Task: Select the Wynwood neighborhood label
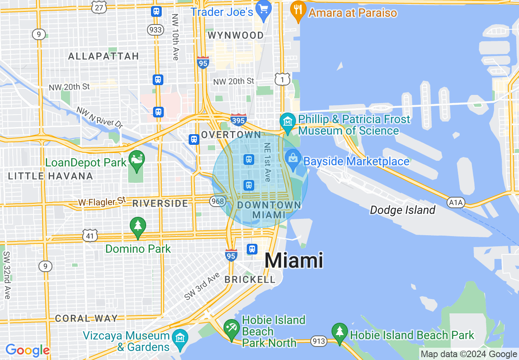click(x=235, y=36)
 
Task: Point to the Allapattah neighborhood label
click(x=104, y=56)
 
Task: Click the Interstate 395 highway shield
click(x=238, y=119)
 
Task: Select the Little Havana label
click(x=51, y=176)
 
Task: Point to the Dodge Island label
click(x=402, y=210)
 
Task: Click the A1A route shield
click(x=456, y=202)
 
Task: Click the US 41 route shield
click(x=90, y=235)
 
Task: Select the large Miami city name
click(x=294, y=261)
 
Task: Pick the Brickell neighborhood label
click(x=250, y=280)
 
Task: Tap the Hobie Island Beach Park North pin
click(x=232, y=329)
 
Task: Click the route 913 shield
click(x=318, y=340)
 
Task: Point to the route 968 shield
click(x=217, y=201)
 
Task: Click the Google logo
click(x=27, y=351)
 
